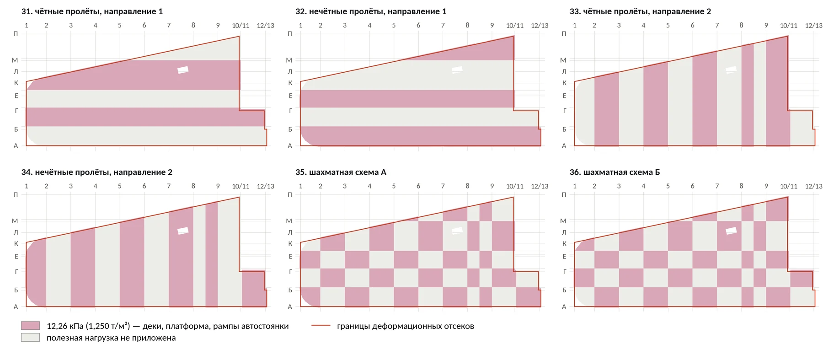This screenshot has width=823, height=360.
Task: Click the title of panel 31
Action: pos(92,11)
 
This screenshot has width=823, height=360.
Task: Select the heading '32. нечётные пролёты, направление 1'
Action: pos(371,11)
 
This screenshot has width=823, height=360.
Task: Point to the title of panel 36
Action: pos(615,172)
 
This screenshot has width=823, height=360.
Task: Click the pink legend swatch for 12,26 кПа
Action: pos(30,326)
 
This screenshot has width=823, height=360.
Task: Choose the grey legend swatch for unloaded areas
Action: pos(30,338)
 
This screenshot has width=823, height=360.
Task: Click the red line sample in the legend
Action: pos(321,326)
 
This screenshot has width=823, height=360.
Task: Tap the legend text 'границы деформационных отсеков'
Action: pos(406,326)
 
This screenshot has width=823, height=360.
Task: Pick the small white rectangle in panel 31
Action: pos(183,70)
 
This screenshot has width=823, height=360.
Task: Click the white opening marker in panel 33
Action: pos(731,70)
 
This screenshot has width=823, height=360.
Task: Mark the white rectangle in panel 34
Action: pos(183,231)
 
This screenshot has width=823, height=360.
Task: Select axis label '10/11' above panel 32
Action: pos(515,26)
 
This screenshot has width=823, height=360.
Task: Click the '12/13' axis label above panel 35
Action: pos(540,186)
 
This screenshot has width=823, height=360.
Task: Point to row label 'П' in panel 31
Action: pos(16,34)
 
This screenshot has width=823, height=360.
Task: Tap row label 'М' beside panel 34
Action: pos(15,221)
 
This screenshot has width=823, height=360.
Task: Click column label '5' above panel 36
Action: pos(668,186)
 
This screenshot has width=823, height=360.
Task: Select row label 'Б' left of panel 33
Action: pos(564,129)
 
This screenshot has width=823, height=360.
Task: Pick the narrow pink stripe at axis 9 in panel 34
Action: pos(212,254)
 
